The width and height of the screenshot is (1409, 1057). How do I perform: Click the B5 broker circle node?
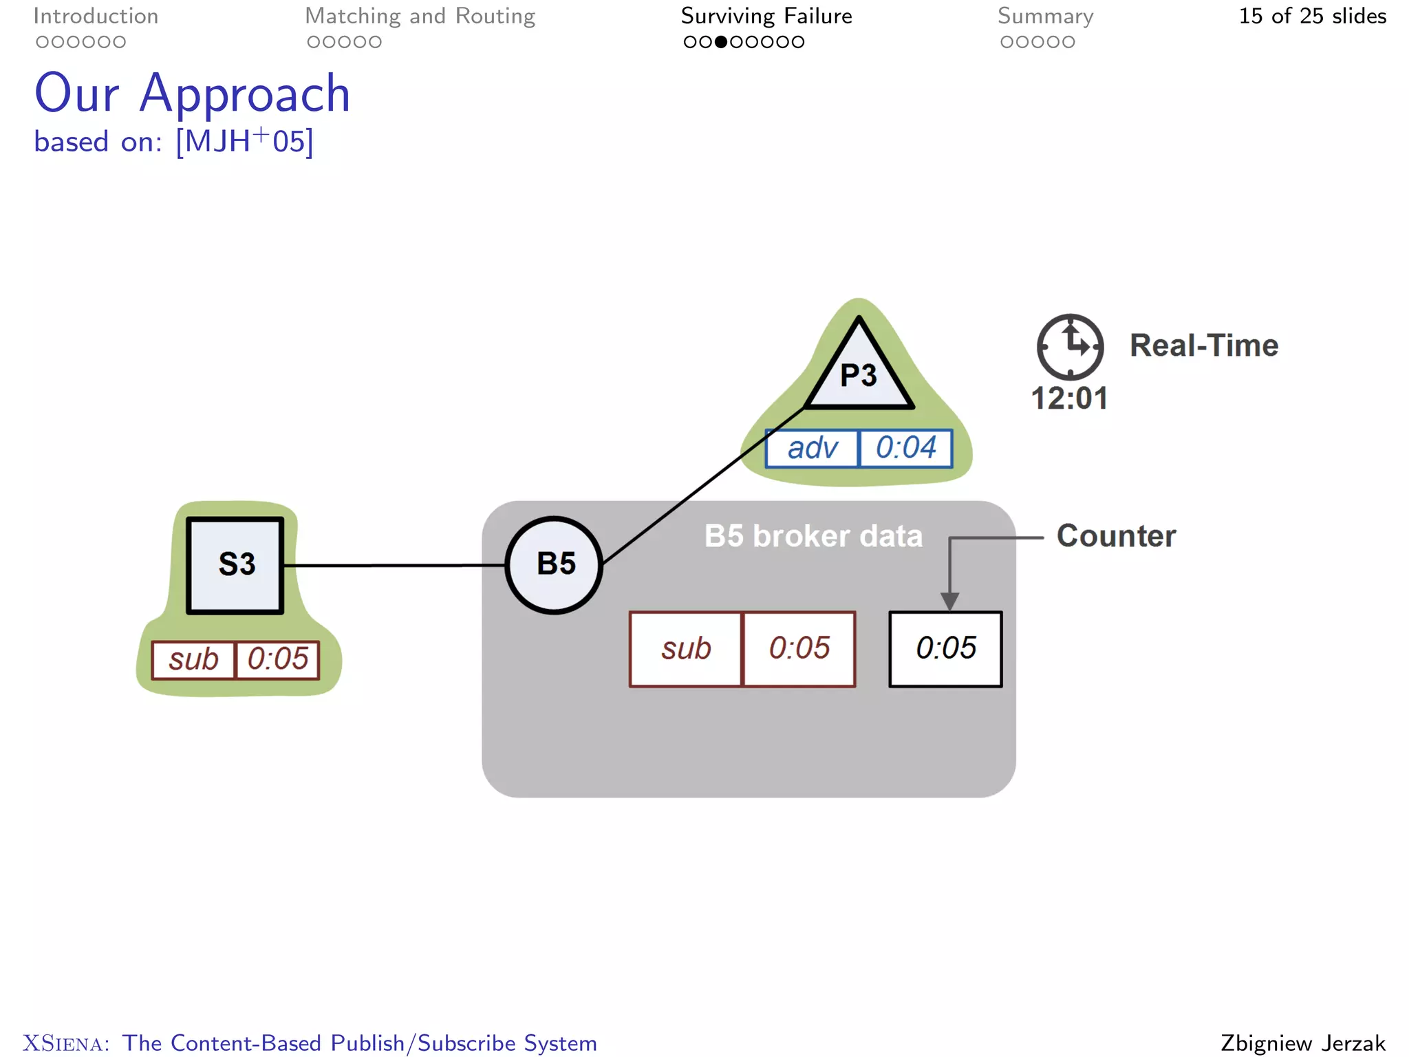(554, 565)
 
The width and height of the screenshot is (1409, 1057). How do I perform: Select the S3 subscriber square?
(235, 565)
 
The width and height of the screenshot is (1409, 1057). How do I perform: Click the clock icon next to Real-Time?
(1070, 347)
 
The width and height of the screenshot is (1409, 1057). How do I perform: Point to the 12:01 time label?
(1069, 398)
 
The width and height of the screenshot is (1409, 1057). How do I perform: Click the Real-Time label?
(1203, 345)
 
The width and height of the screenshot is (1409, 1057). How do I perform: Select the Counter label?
(1116, 536)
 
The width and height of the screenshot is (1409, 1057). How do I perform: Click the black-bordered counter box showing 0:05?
(945, 649)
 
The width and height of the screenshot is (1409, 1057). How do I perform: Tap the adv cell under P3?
(813, 449)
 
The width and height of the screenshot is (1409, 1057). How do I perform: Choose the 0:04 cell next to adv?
(905, 449)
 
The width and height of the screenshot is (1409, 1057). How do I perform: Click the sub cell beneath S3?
(193, 660)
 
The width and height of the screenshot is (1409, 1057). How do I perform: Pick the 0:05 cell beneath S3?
(277, 660)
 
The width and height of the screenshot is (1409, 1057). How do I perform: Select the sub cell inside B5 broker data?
(686, 649)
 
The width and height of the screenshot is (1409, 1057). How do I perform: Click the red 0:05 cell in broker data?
(799, 649)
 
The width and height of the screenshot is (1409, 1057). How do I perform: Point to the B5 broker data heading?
(813, 536)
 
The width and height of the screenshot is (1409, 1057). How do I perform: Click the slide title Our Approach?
(193, 94)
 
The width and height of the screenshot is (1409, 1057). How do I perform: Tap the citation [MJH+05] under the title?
(244, 142)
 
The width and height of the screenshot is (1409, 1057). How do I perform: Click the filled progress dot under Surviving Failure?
(720, 42)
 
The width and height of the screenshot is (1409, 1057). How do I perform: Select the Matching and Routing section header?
(420, 16)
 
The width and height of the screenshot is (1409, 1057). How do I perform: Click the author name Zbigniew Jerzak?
(1302, 1043)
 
